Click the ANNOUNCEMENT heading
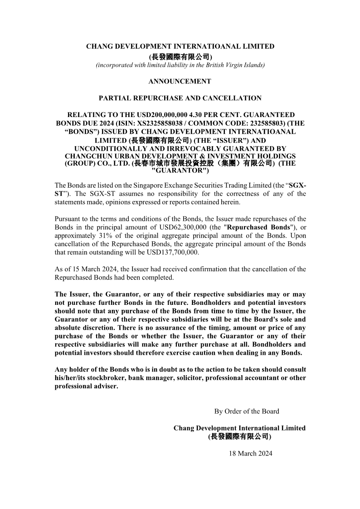[x=180, y=82]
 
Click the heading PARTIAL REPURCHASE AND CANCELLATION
[x=180, y=98]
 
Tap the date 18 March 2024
[x=251, y=453]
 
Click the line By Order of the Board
[x=247, y=411]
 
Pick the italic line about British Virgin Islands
[x=180, y=65]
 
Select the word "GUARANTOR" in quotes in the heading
[x=180, y=171]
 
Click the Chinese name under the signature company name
[x=239, y=436]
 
